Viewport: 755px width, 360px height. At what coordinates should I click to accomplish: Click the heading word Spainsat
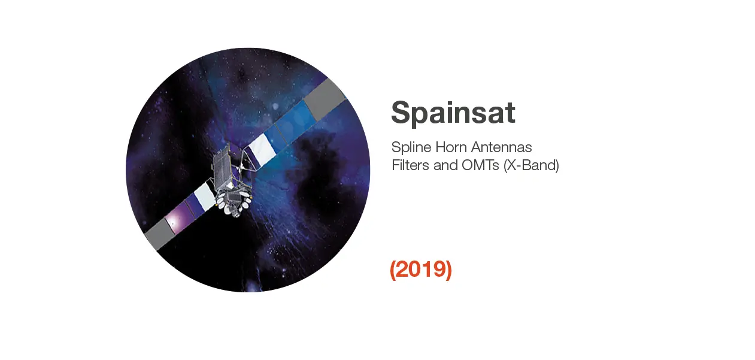tap(453, 114)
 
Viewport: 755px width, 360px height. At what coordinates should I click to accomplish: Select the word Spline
tap(411, 147)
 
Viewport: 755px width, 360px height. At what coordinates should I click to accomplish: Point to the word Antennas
tap(502, 147)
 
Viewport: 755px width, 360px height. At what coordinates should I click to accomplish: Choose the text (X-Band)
tap(531, 165)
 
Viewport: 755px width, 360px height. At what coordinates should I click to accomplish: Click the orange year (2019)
tap(421, 270)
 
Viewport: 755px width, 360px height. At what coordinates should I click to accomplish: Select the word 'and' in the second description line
tap(445, 165)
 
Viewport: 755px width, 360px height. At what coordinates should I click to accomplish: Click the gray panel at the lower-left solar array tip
tap(160, 234)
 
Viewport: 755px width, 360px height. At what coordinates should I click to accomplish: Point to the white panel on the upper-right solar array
tap(262, 149)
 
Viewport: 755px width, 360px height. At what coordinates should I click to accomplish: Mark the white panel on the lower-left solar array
tap(205, 196)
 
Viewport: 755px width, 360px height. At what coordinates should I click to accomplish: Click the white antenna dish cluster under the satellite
tap(234, 203)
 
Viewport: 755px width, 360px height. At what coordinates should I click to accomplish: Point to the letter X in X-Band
tap(512, 165)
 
